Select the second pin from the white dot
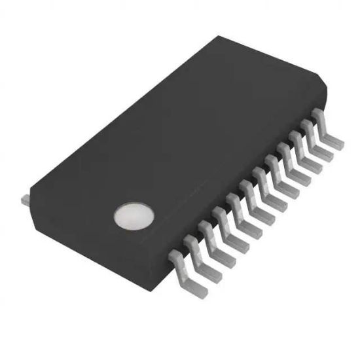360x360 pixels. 192,245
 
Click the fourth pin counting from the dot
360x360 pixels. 219,219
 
